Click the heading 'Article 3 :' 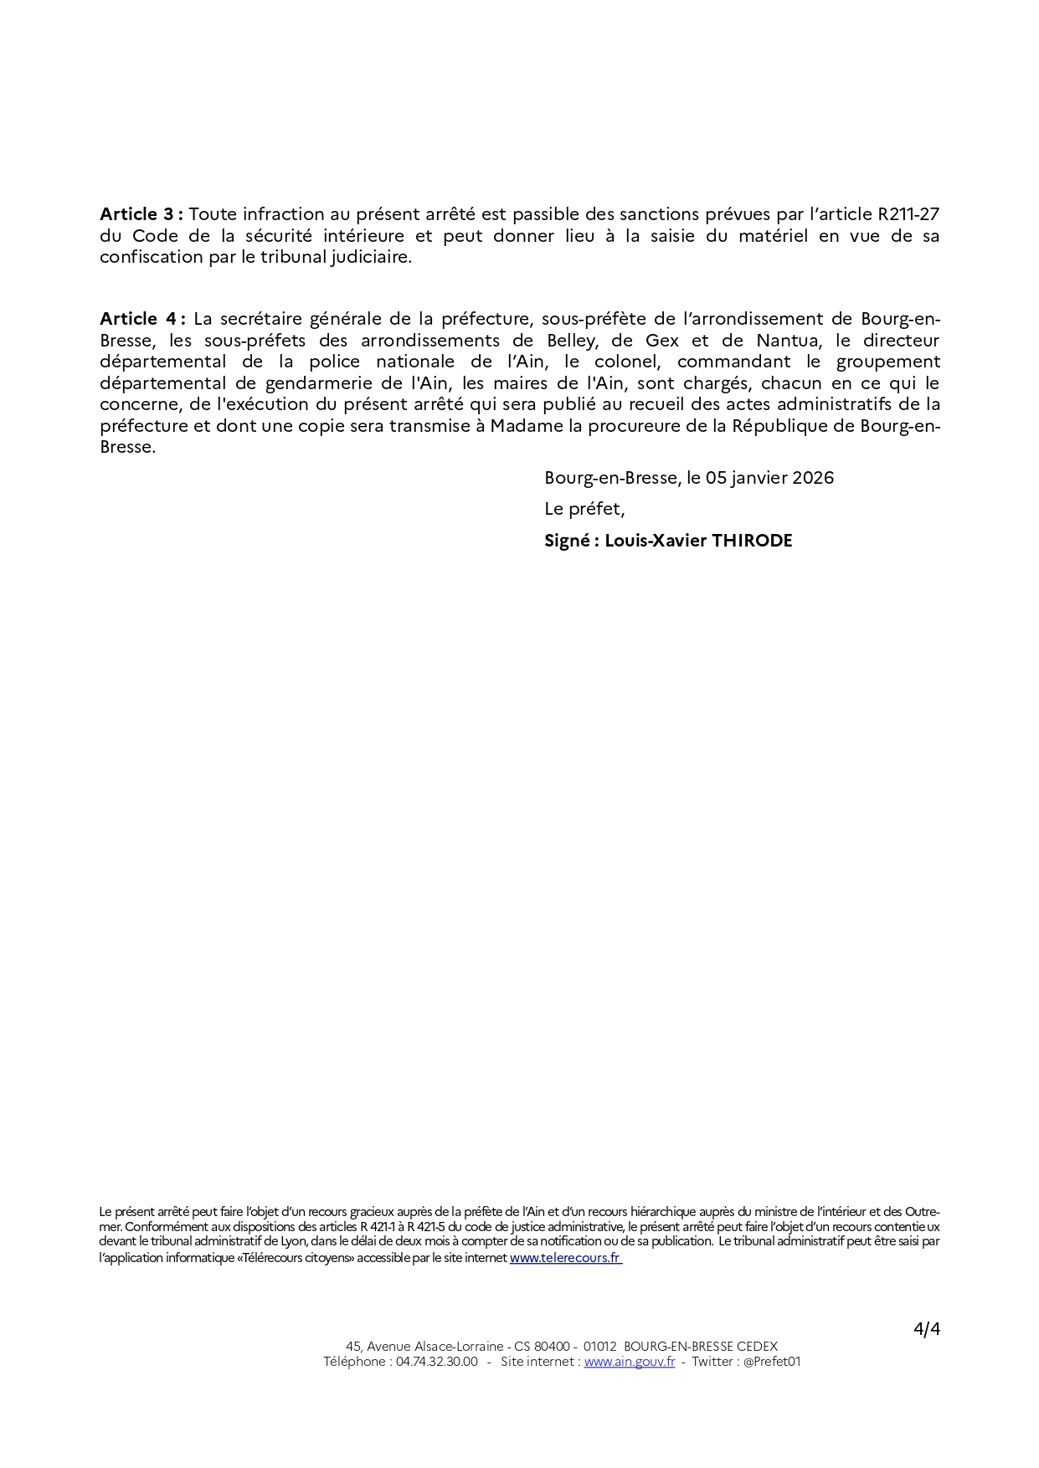pos(141,214)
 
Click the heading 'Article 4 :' pos(141,319)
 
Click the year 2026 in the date pos(812,478)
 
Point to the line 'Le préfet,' pos(584,509)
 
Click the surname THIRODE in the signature pos(752,541)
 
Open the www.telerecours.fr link pos(565,1257)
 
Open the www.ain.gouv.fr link pos(629,1362)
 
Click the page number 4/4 pos(927,1329)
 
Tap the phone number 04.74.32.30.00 pos(436,1362)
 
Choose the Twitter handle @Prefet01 pos(771,1362)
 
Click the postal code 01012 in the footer pos(600,1347)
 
